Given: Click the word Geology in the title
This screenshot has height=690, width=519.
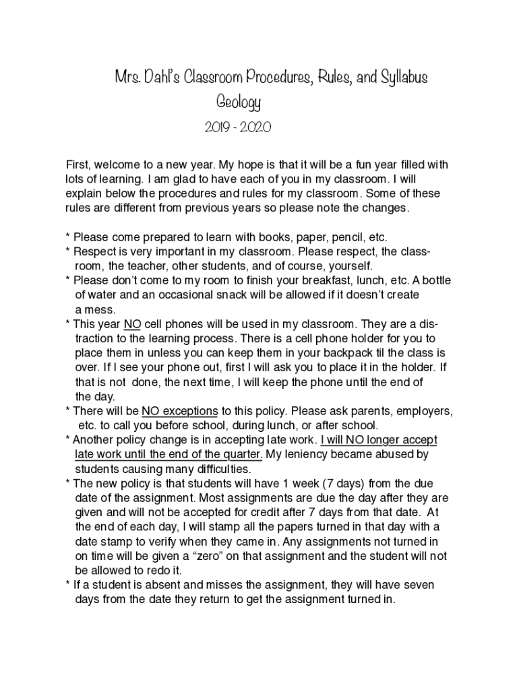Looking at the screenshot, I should pos(238,103).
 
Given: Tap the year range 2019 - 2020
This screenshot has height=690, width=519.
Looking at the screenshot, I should pos(238,127).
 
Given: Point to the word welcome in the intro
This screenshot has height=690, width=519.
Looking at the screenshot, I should pos(118,165).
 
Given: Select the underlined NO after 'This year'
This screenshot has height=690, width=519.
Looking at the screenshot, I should pos(132,324).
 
